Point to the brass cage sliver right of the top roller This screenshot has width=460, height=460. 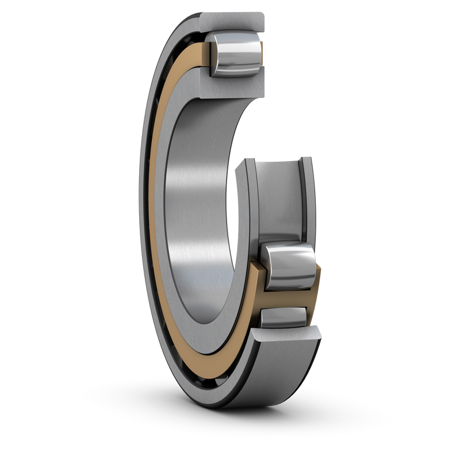262,55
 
